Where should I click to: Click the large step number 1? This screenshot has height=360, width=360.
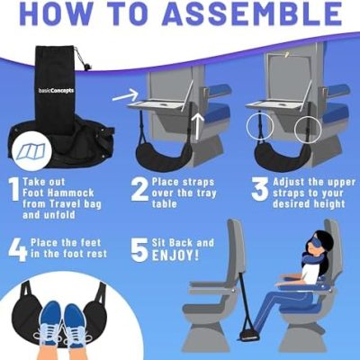[x=14, y=189]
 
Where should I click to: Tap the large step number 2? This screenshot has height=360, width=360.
[x=139, y=189]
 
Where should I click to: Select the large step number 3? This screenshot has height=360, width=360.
[x=260, y=189]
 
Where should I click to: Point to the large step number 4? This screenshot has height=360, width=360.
[x=18, y=250]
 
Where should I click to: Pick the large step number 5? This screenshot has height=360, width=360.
[x=139, y=250]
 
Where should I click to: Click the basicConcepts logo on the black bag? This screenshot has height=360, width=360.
[x=57, y=91]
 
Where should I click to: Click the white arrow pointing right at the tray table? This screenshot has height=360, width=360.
[x=125, y=94]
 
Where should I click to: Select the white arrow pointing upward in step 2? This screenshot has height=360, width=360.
[x=197, y=126]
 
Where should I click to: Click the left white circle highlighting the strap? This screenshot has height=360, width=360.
[x=259, y=126]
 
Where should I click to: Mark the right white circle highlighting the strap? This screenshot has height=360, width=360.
[x=308, y=130]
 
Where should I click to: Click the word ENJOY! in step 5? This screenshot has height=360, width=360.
[x=175, y=256]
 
